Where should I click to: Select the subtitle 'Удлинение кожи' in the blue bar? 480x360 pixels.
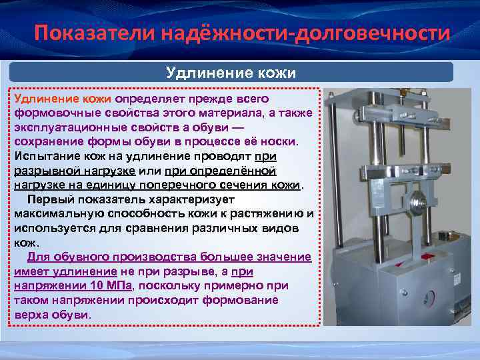pos(231,72)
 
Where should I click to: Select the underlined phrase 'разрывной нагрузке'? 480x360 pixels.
pos(75,170)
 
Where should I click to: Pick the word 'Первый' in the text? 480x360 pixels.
pos(48,199)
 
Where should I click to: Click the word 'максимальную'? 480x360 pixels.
pos(56,213)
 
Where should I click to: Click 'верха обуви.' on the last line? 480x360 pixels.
pos(53,315)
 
